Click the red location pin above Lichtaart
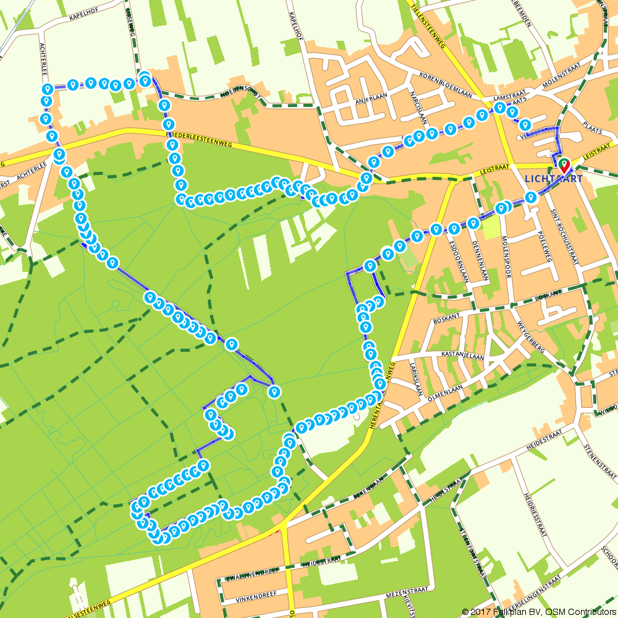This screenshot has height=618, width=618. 564,166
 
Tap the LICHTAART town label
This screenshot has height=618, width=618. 553,179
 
